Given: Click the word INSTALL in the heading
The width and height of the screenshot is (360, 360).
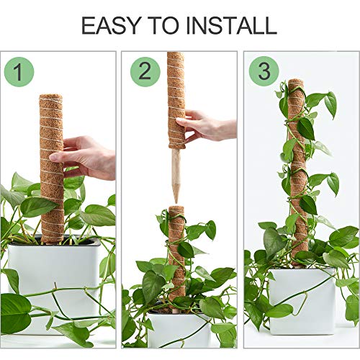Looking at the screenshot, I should (x=231, y=25).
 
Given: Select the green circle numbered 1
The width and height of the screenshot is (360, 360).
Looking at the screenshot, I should (x=19, y=72).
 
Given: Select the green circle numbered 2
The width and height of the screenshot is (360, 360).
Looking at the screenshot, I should (x=145, y=72).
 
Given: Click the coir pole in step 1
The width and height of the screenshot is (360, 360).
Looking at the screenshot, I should (x=51, y=180).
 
